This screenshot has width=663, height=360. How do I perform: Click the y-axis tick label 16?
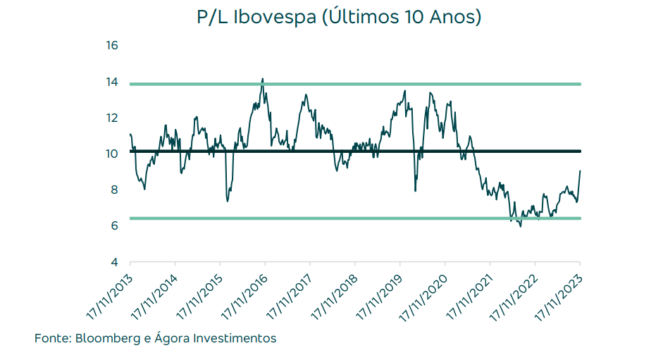click(x=111, y=46)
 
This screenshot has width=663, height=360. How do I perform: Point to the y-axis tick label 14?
click(x=111, y=82)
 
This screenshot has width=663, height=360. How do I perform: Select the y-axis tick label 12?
click(x=111, y=118)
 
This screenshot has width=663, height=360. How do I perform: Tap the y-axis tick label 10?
click(x=111, y=154)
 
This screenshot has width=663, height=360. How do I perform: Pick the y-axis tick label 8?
click(x=113, y=190)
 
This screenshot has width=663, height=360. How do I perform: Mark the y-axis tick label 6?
click(x=113, y=225)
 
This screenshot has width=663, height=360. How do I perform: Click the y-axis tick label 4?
click(x=113, y=262)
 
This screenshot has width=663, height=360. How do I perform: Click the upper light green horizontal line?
click(x=423, y=84)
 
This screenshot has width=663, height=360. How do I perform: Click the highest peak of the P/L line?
click(x=263, y=80)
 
